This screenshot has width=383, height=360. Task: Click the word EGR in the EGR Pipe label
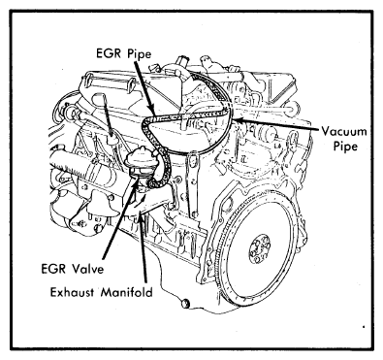(110, 53)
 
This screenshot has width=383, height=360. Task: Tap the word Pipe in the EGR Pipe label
(140, 54)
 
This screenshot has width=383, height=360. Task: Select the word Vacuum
(344, 132)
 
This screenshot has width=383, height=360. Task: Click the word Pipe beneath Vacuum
(345, 147)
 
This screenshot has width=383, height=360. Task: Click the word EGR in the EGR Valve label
(54, 269)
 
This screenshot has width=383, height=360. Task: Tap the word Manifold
(126, 292)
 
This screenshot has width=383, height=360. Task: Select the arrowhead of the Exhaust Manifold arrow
(140, 217)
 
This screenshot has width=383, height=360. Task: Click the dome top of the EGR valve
(142, 154)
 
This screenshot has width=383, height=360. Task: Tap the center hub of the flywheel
(260, 249)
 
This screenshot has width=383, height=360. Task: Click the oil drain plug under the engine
(185, 304)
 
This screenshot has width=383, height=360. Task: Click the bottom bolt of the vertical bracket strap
(194, 213)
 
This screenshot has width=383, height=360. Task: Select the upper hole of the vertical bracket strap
(193, 158)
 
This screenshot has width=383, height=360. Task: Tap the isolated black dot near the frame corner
(364, 327)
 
